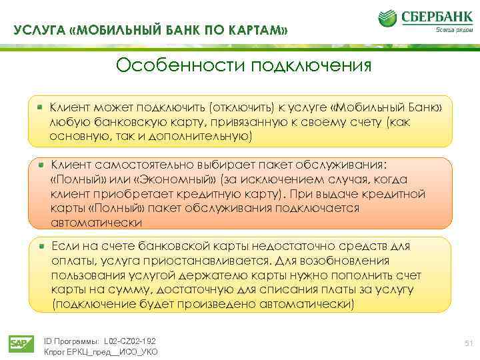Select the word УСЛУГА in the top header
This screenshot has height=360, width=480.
39,30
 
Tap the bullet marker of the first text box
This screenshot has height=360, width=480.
41,106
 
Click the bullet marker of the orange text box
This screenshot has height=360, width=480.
41,164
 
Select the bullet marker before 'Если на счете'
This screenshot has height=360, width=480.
41,246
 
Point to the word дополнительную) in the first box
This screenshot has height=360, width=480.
205,136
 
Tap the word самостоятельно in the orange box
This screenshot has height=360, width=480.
140,165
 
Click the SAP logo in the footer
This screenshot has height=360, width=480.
19,343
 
